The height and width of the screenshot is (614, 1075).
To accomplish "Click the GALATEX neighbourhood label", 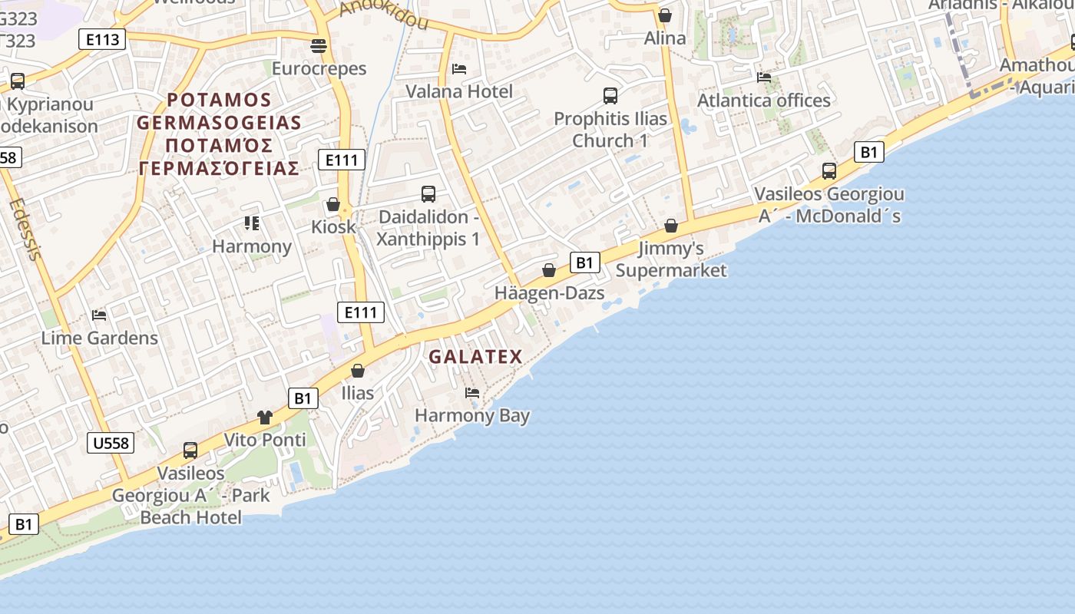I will [x=475, y=357].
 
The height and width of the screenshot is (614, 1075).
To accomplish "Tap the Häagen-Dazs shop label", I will [x=549, y=293].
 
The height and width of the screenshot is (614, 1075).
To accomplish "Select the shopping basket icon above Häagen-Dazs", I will [x=549, y=270].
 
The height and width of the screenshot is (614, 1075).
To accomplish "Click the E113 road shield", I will [x=101, y=39].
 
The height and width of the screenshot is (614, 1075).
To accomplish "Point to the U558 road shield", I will [x=111, y=443].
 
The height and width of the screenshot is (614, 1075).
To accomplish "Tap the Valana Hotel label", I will [x=459, y=91].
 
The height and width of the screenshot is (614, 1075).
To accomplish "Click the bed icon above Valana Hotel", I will [x=459, y=69].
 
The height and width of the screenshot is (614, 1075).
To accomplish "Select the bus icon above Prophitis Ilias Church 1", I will [x=610, y=96].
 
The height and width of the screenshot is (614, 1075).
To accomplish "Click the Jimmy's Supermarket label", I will [x=671, y=259].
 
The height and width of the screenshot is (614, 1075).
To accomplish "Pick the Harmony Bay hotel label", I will [x=472, y=416].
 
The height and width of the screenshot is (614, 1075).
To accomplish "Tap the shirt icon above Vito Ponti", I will [x=265, y=418].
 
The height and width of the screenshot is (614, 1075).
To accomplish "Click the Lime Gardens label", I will [x=99, y=338].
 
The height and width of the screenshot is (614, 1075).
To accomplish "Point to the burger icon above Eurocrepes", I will [x=319, y=46].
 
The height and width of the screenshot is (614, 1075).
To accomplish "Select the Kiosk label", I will [x=334, y=227].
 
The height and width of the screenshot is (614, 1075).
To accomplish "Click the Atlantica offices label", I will [x=763, y=101].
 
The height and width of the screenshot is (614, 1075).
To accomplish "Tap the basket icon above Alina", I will [x=665, y=15].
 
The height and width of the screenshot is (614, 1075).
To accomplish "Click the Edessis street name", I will [x=24, y=229].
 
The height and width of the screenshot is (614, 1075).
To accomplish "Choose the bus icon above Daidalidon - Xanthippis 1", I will [x=428, y=194].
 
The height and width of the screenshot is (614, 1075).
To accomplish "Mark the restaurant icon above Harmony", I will [x=252, y=223].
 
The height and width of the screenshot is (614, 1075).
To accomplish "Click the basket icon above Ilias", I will [x=358, y=371].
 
